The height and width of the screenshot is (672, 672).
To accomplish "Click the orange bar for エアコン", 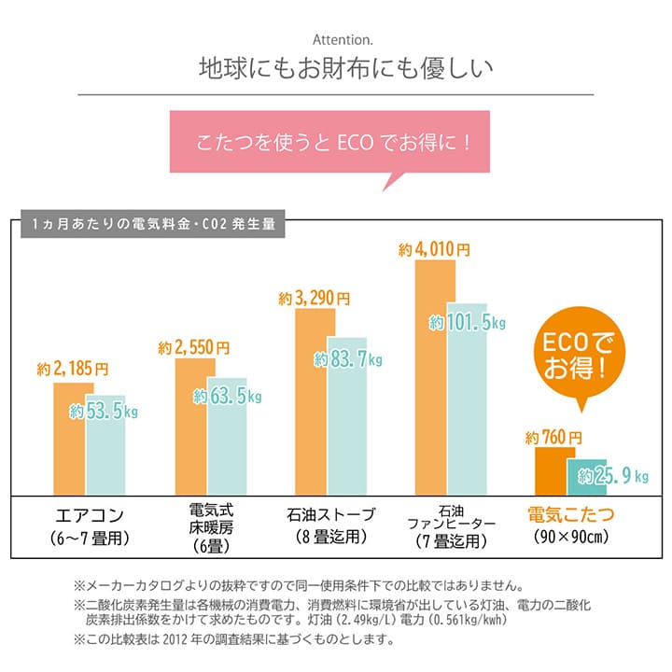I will tap(69, 439).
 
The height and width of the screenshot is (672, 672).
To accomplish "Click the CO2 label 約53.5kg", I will tap(104, 412).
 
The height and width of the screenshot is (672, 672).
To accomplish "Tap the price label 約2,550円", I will tap(194, 347).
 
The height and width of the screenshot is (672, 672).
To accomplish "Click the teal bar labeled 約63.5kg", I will tap(227, 439).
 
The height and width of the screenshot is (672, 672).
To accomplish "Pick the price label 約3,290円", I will tap(315, 299).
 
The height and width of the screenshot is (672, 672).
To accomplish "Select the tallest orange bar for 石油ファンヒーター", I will tap(430, 373).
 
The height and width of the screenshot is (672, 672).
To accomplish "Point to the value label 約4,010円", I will tap(434, 250).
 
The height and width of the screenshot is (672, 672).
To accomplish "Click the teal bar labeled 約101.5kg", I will tap(467, 401).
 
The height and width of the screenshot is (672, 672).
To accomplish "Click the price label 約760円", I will tap(554, 437).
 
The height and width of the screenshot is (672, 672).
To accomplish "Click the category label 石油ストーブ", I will tap(331, 514).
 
